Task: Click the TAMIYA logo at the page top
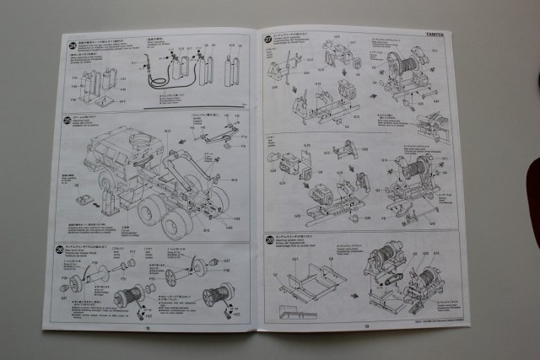click(437, 34)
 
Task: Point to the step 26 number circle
click(59, 250)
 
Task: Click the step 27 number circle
click(267, 39)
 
